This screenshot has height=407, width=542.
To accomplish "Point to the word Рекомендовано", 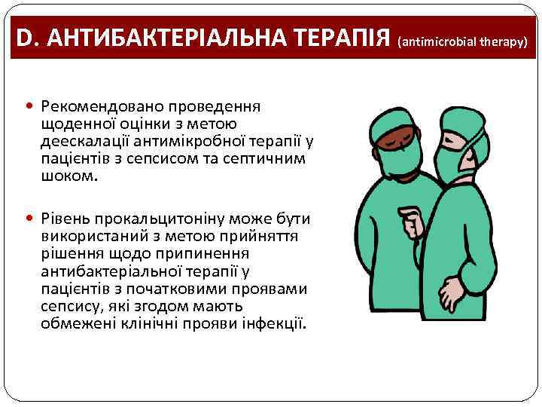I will tap(90, 108).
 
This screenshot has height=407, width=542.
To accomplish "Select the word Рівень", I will tap(67, 219).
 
